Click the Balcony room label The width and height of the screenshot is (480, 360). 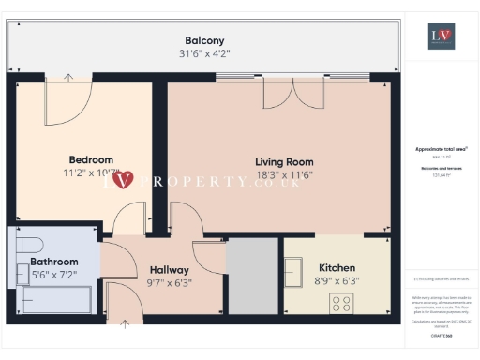click(x=204, y=40)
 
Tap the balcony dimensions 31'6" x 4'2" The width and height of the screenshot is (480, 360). click(x=204, y=53)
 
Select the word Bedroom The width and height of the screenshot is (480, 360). click(x=91, y=159)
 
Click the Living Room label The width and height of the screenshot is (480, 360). click(x=278, y=160)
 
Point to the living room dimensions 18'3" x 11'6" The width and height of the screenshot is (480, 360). click(x=278, y=174)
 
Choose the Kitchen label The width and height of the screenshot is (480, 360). click(x=337, y=267)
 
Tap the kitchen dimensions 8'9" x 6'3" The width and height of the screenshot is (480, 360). click(x=337, y=280)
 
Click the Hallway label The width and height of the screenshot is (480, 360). click(x=169, y=270)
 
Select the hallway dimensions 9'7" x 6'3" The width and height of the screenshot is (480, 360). click(x=169, y=283)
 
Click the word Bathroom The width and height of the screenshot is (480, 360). click(x=53, y=262)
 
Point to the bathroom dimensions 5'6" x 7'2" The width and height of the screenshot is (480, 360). click(x=53, y=275)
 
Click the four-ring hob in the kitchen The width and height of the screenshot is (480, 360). click(x=341, y=303)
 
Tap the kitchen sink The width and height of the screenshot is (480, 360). click(x=295, y=272)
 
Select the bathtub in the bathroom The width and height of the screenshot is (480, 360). click(x=56, y=301)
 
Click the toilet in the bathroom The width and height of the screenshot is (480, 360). click(x=23, y=274)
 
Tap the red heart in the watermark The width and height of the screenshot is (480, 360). click(x=127, y=178)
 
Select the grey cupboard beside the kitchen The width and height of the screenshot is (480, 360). click(x=251, y=276)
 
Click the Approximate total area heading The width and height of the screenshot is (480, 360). click(x=441, y=149)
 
